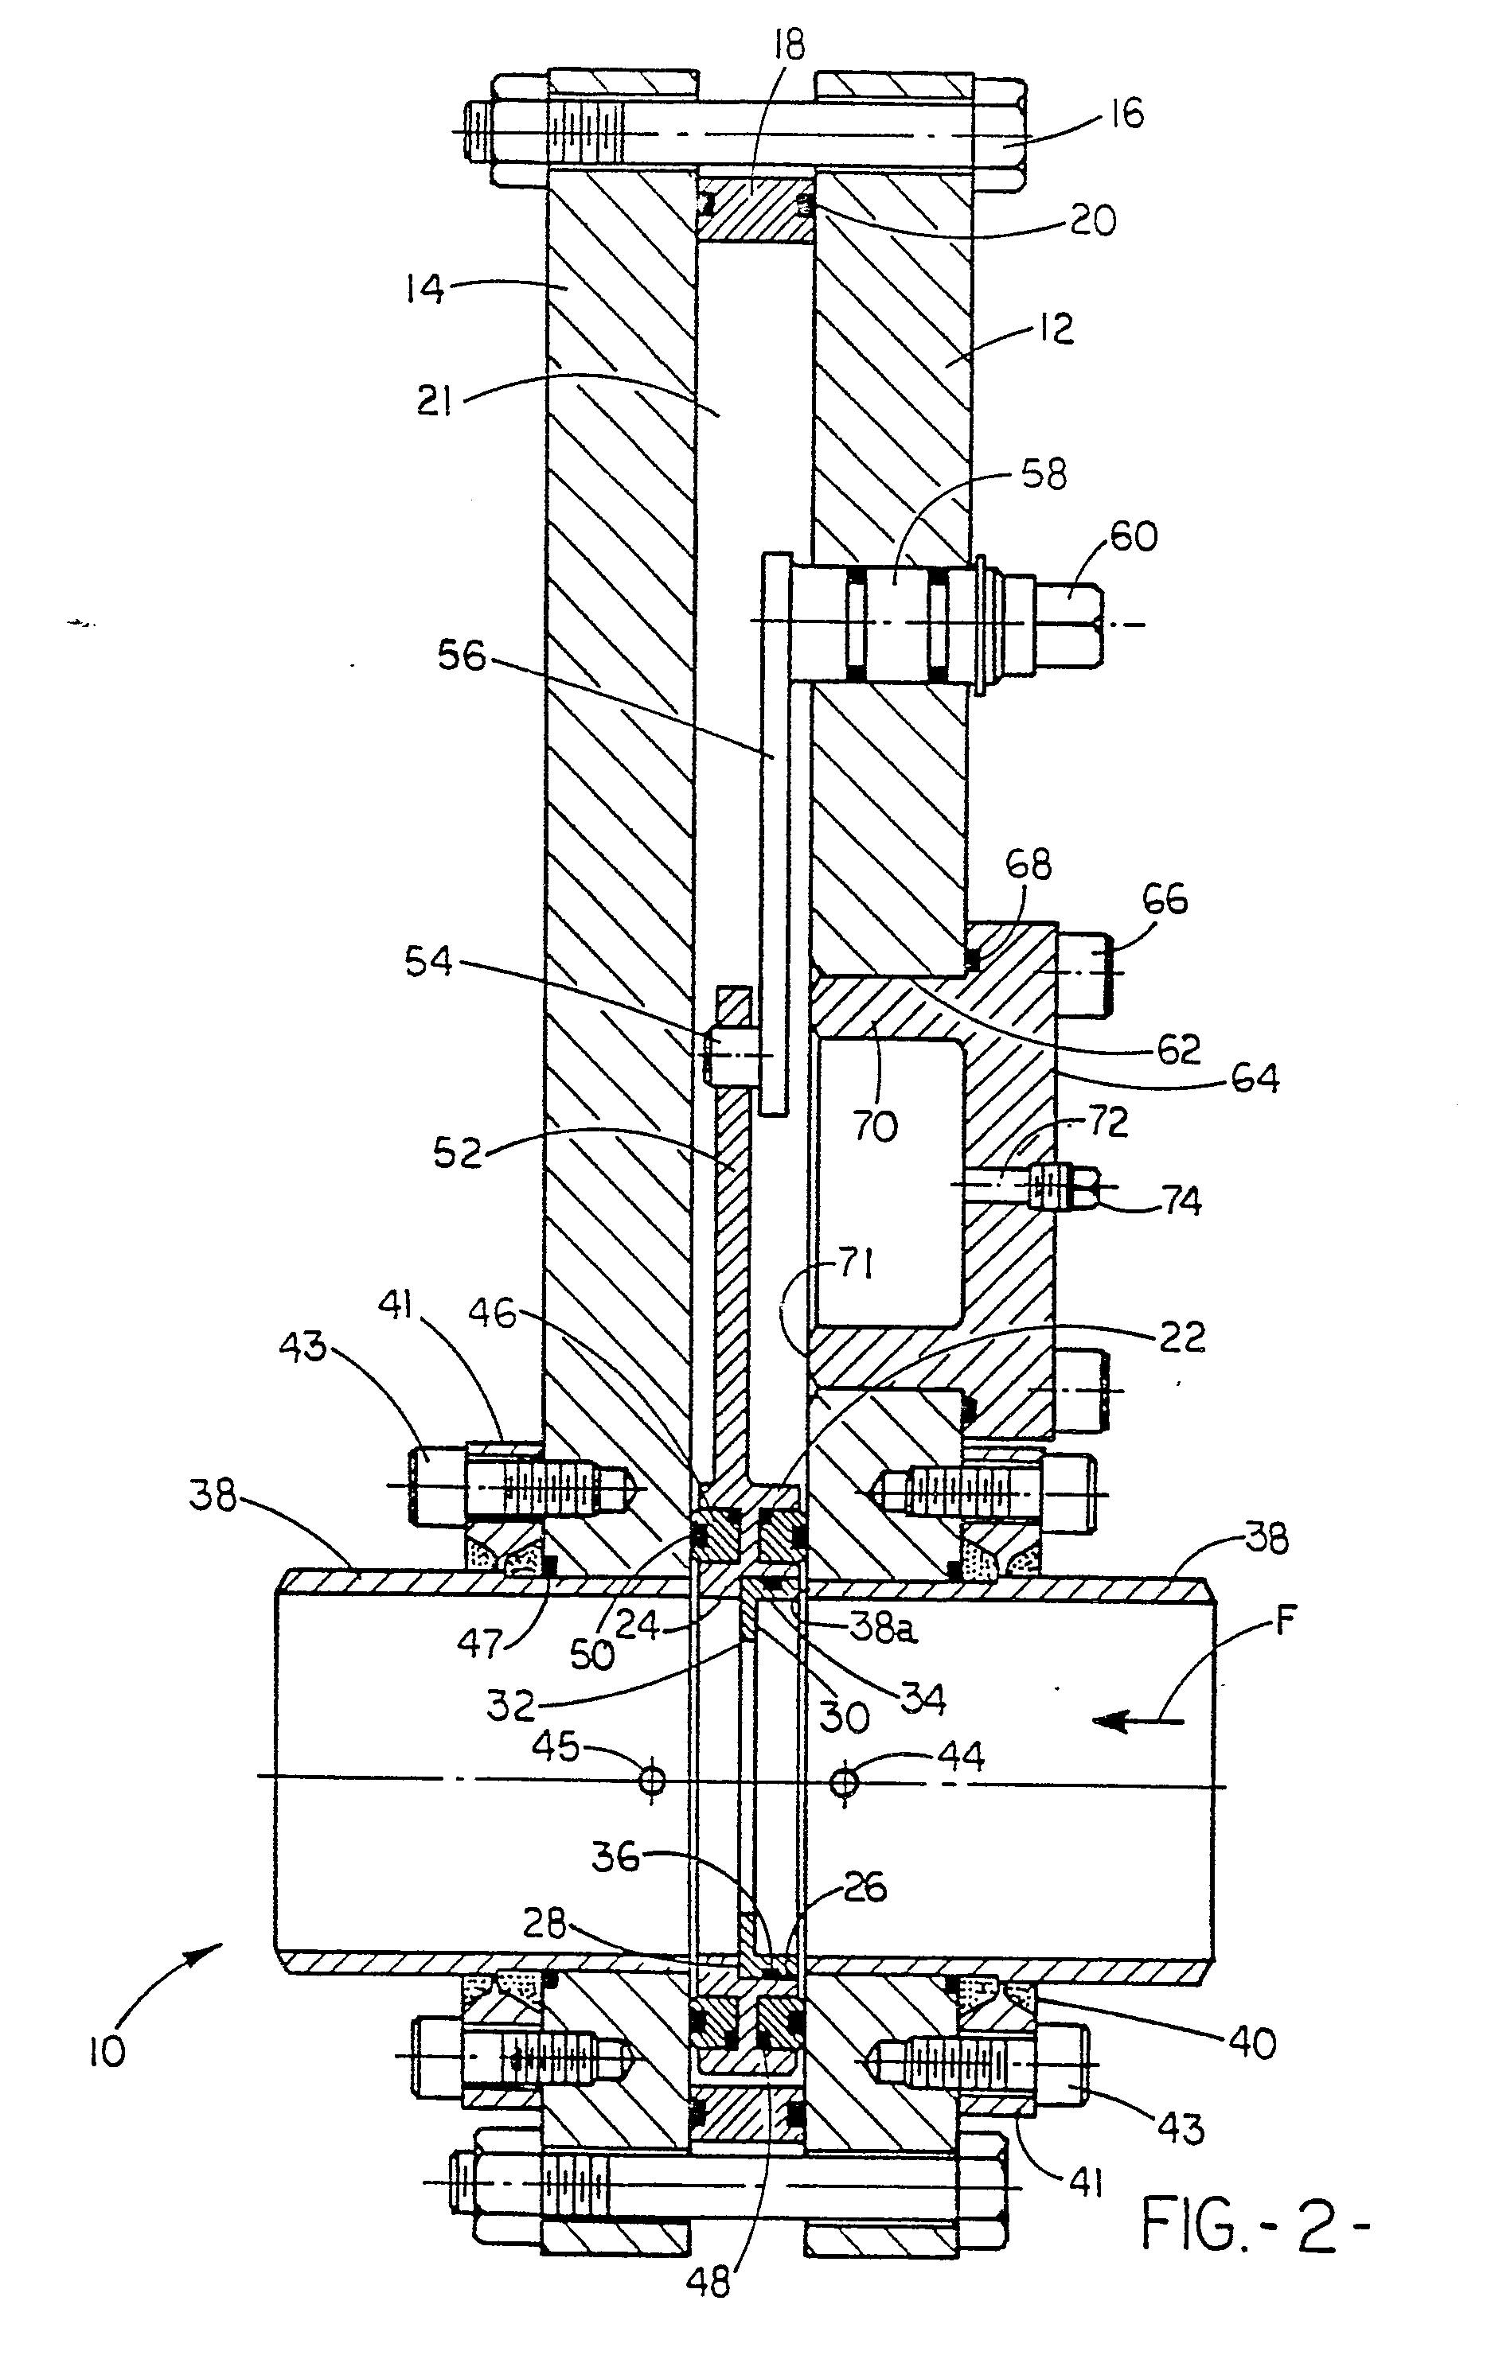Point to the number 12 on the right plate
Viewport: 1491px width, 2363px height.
click(x=1056, y=329)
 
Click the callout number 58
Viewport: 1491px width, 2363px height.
click(x=1042, y=475)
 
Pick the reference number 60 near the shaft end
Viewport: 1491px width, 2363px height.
click(x=1133, y=537)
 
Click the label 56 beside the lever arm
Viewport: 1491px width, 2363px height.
click(x=462, y=656)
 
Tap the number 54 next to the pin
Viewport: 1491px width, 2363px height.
click(x=429, y=963)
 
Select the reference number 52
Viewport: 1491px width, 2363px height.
click(x=458, y=1152)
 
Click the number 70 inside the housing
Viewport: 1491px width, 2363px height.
click(x=873, y=1127)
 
